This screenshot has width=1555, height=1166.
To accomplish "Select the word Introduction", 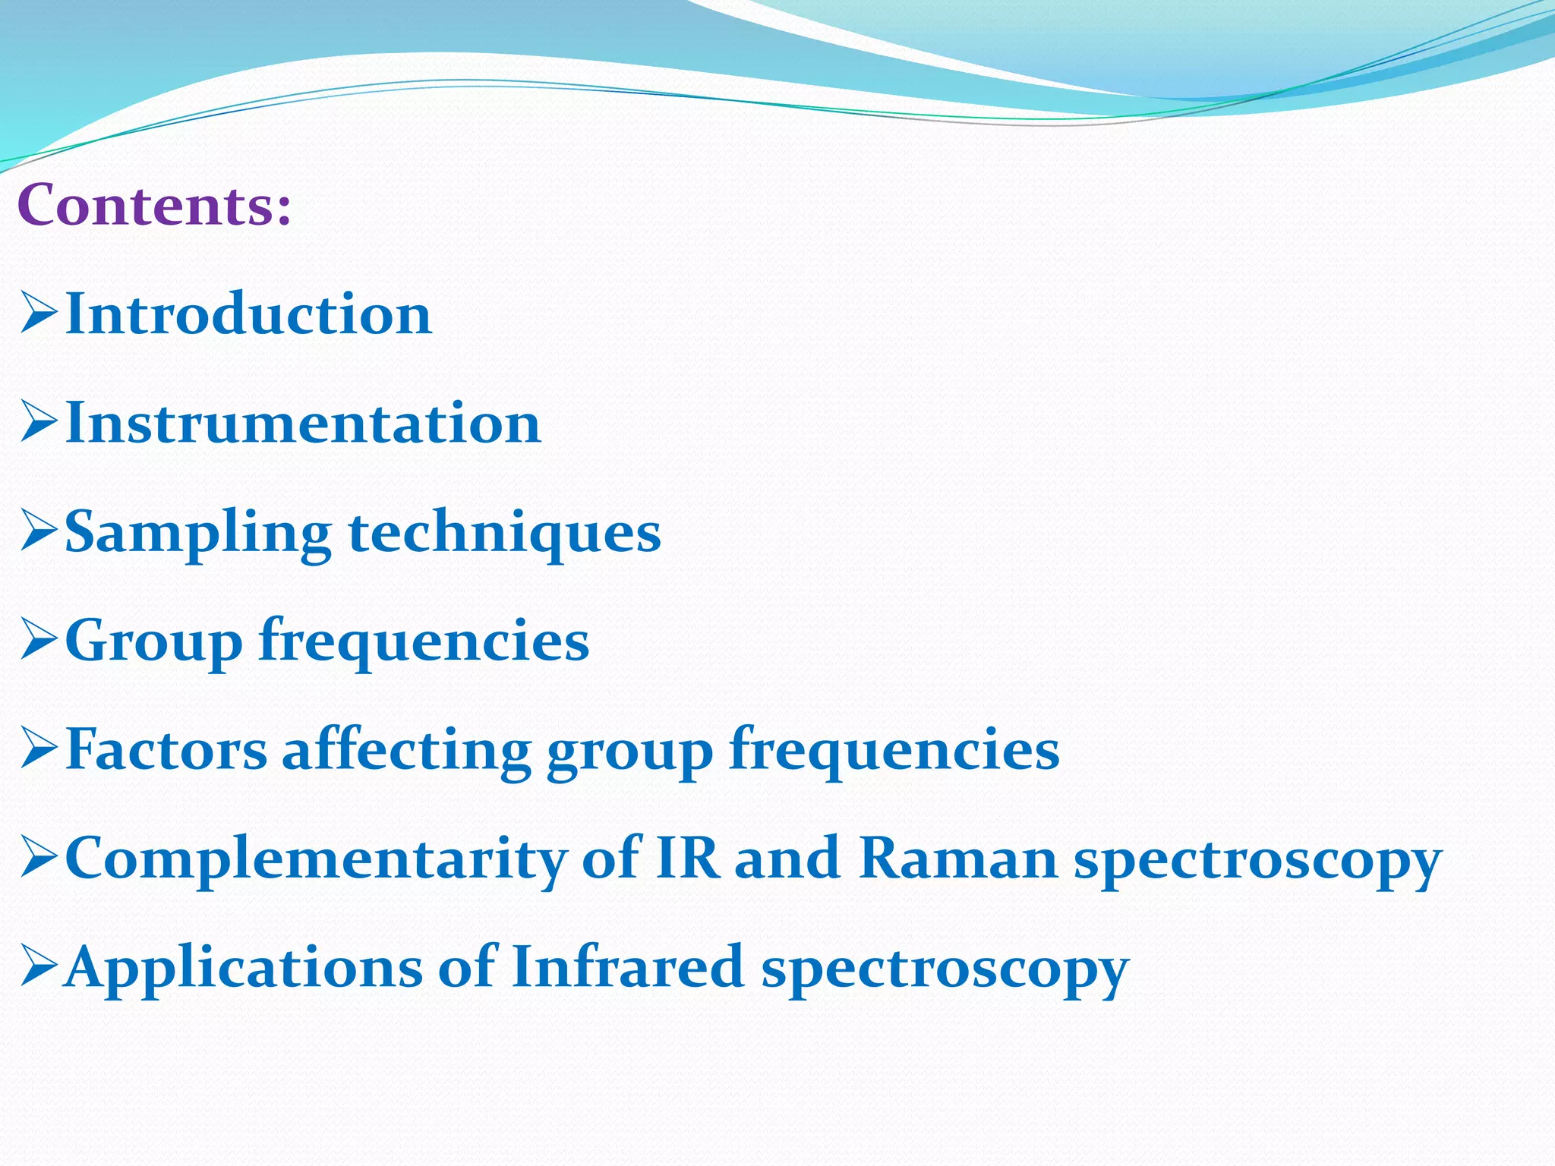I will coord(249,314).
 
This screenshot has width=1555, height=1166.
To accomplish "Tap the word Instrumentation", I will coord(304,423).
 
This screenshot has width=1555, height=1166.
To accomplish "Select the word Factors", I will coord(166,749).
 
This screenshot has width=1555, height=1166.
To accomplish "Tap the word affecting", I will coord(406,749).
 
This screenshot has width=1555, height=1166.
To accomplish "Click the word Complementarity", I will coord(316,859).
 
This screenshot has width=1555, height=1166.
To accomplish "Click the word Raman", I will coord(958,858).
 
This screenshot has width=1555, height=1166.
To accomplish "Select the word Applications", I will coord(244,968).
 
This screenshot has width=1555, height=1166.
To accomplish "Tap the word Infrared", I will coord(627,966).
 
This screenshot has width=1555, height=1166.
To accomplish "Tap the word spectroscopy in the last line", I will coord(945,970).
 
